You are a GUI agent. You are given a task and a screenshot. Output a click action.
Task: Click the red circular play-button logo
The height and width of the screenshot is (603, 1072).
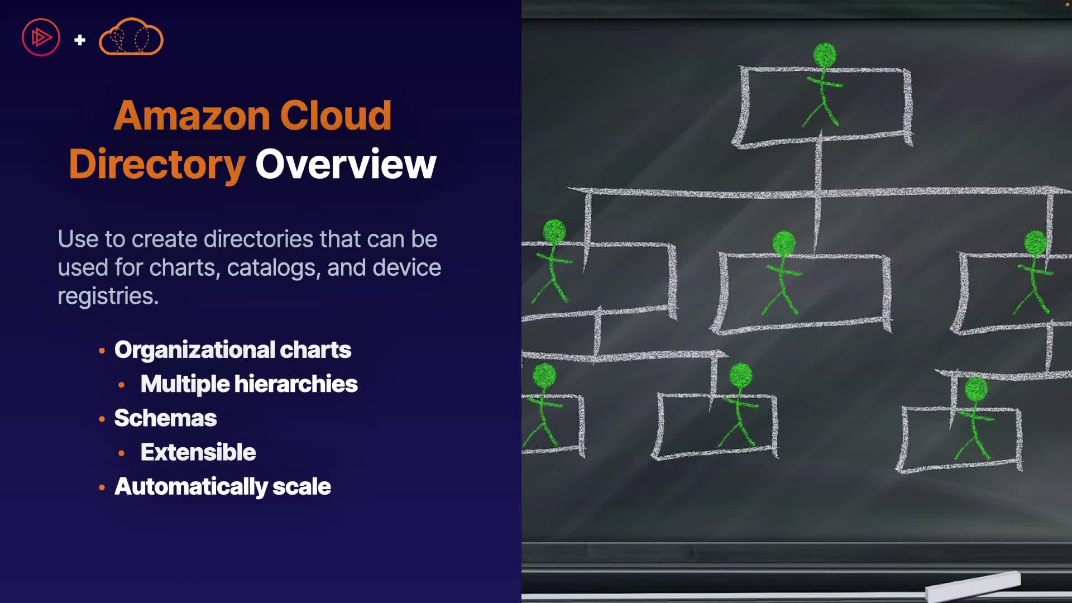41,37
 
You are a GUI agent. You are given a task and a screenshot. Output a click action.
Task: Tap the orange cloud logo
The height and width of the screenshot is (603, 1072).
131,37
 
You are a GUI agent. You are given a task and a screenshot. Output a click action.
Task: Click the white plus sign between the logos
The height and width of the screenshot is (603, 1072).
80,40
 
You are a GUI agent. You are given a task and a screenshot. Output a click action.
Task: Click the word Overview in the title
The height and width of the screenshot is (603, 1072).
346,164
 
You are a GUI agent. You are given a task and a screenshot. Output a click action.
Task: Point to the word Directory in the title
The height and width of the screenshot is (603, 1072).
157,164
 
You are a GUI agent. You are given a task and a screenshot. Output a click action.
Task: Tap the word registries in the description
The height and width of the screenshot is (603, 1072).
108,296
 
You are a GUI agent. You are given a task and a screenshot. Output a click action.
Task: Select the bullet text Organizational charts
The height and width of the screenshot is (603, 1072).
232,350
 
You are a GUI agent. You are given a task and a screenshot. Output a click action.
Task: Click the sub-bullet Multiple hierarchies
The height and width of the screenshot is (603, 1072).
249,384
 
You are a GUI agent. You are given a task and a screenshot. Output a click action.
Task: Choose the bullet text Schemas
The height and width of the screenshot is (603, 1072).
165,418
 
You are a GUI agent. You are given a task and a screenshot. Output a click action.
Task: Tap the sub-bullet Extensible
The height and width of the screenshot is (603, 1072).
198,452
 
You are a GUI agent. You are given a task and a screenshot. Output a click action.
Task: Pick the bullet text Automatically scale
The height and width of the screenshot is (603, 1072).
222,486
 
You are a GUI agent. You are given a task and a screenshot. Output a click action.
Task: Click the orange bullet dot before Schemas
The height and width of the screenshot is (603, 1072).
102,419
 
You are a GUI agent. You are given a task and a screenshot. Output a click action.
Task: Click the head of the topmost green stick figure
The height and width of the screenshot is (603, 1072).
825,55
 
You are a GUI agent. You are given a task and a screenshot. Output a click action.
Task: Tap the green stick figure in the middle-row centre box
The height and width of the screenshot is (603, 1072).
783,274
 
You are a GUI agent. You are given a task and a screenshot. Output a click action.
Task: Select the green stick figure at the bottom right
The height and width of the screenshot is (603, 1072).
974,419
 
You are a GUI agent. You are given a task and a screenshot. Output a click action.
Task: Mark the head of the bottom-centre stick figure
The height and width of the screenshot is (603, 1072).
741,375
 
